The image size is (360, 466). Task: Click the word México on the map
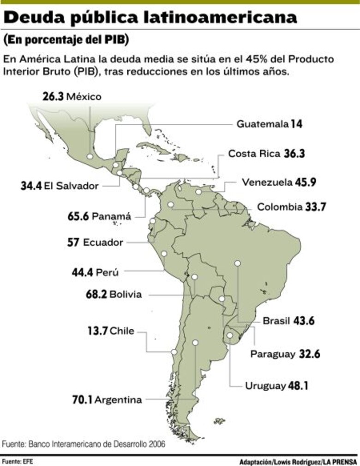coord(84,97)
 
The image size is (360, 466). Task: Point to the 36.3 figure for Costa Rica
coord(294,153)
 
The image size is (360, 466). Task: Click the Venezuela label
coord(267,182)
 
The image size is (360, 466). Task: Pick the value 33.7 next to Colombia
coord(315,207)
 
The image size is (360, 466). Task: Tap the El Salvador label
coord(71,186)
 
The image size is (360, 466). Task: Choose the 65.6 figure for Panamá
coord(78,216)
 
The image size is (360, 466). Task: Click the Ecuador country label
coord(103,242)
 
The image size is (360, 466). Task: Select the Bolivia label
coord(126,294)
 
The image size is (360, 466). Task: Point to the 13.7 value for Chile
coord(97,331)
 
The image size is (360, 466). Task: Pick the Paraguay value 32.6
coord(310,354)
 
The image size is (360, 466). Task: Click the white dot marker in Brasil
coord(238,263)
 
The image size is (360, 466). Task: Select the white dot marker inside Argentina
coord(195,343)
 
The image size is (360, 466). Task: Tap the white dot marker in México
coord(90,157)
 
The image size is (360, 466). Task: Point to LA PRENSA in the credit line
coord(340,461)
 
